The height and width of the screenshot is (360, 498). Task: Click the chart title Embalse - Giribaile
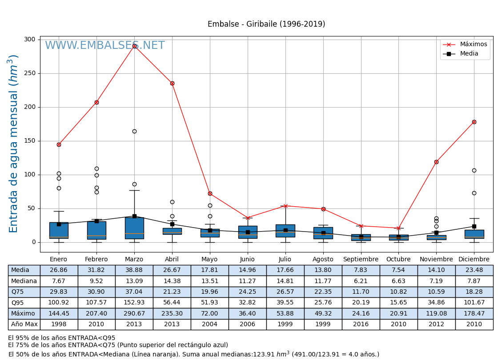coord(266,24)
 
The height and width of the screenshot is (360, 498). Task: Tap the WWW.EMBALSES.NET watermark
coord(105,46)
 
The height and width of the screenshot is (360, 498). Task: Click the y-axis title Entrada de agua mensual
coord(14,144)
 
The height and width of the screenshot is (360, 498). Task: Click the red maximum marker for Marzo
coord(134,46)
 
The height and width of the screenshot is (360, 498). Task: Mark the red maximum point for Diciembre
coord(474,122)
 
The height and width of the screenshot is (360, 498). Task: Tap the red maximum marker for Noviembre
coord(436,162)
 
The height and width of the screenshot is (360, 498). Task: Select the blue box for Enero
coord(59,230)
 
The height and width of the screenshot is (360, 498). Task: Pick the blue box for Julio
coord(285,231)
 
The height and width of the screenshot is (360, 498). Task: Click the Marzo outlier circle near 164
coord(134,132)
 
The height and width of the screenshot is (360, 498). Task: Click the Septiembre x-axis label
coord(361,260)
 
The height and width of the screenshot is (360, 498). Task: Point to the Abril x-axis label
coord(172,260)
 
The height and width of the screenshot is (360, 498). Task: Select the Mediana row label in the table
coord(24,281)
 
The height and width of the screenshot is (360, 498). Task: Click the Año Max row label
coord(24,324)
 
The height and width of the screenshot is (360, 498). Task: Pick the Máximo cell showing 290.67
coord(134,314)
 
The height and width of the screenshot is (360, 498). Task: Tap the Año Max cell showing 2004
coord(210,324)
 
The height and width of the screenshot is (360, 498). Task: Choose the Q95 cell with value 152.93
coord(134,303)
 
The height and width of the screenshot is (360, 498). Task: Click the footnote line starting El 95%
coord(62,338)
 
